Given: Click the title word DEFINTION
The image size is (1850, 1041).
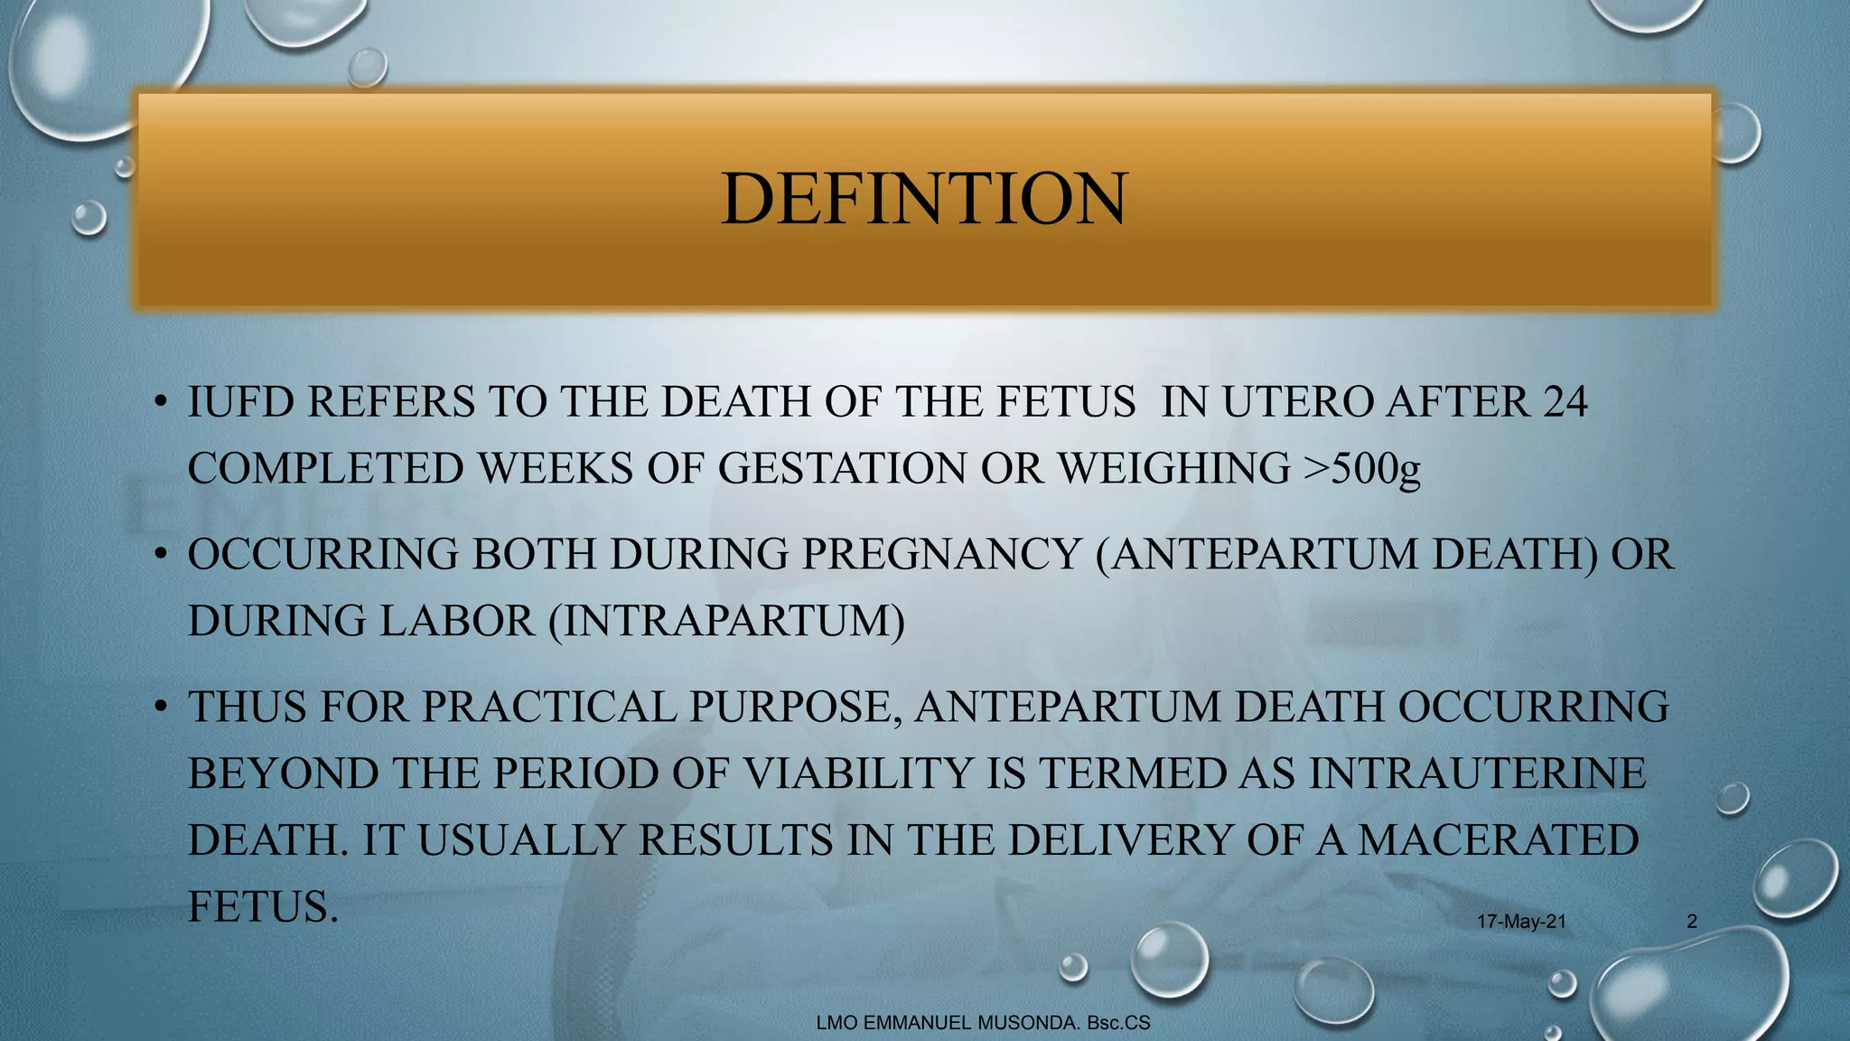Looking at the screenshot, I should pyautogui.click(x=924, y=199).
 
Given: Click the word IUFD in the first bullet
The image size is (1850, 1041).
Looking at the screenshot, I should pyautogui.click(x=240, y=402).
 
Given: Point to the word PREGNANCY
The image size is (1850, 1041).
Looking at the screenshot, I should pyautogui.click(x=941, y=554).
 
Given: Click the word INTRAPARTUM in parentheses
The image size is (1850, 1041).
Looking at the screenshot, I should pyautogui.click(x=726, y=621).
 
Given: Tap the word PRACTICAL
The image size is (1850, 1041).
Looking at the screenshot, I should pyautogui.click(x=549, y=707).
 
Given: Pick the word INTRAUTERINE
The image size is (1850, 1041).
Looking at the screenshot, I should pyautogui.click(x=1478, y=774).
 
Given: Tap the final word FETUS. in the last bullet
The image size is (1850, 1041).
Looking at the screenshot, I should pyautogui.click(x=262, y=906).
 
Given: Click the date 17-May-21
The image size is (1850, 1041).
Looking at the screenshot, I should pyautogui.click(x=1521, y=922).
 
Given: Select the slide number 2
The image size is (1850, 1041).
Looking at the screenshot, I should pyautogui.click(x=1692, y=922).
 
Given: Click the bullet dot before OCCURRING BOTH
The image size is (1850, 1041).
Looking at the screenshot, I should pyautogui.click(x=159, y=554).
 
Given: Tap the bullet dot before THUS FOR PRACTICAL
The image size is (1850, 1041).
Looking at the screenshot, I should pyautogui.click(x=159, y=707).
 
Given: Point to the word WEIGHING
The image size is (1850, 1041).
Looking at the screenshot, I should pyautogui.click(x=1173, y=469).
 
